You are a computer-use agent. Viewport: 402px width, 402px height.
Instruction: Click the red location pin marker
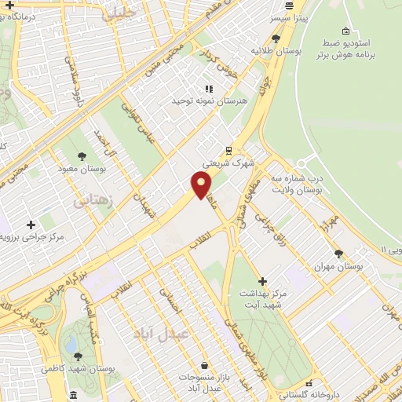point(202,185)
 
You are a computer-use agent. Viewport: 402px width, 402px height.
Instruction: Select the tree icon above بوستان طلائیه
point(276,37)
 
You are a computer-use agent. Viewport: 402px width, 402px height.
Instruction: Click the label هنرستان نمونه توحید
point(209,101)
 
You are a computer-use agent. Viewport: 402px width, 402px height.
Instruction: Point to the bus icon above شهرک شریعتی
point(228,151)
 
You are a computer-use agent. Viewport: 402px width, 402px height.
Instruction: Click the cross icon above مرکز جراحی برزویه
point(31,225)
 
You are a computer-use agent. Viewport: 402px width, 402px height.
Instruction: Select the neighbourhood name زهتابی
point(93,201)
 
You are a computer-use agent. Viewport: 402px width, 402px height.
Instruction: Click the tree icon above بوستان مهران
point(338,254)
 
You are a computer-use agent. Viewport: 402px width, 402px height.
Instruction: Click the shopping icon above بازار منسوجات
point(204,366)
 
